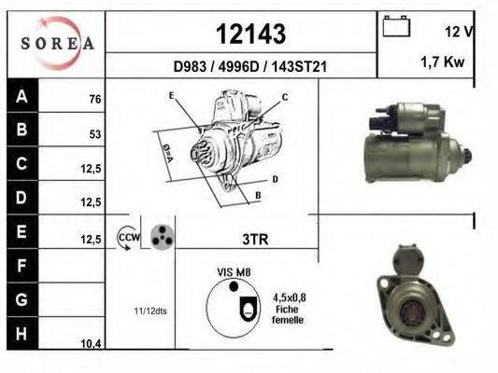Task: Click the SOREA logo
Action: click(x=58, y=44)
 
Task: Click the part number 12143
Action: click(x=250, y=34)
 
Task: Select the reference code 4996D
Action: click(x=239, y=67)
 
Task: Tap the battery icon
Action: click(x=396, y=26)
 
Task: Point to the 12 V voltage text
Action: click(x=460, y=32)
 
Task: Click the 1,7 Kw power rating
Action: click(x=443, y=62)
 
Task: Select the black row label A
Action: click(x=22, y=95)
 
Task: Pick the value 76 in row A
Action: click(x=95, y=99)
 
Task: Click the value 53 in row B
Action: click(x=95, y=134)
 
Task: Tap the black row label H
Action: click(x=22, y=334)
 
